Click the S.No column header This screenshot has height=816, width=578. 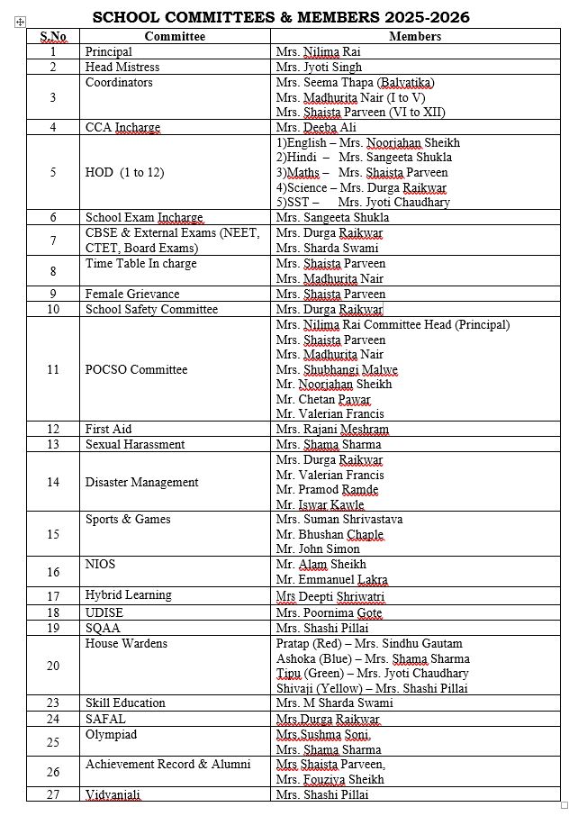tap(53, 37)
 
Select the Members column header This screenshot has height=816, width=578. tap(414, 37)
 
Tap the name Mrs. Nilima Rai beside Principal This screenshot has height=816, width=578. tap(319, 52)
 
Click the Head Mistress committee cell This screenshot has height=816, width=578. tap(122, 68)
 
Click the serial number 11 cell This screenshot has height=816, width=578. tap(53, 369)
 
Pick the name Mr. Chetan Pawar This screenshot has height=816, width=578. tap(323, 399)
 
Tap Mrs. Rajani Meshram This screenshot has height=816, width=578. tap(332, 430)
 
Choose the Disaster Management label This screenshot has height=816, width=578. tap(141, 482)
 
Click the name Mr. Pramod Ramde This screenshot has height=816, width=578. tap(327, 490)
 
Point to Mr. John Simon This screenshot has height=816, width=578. tap(318, 549)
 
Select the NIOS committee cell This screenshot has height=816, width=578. tap(100, 565)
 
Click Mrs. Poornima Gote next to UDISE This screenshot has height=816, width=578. tap(329, 613)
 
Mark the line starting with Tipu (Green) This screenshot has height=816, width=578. tap(372, 674)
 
